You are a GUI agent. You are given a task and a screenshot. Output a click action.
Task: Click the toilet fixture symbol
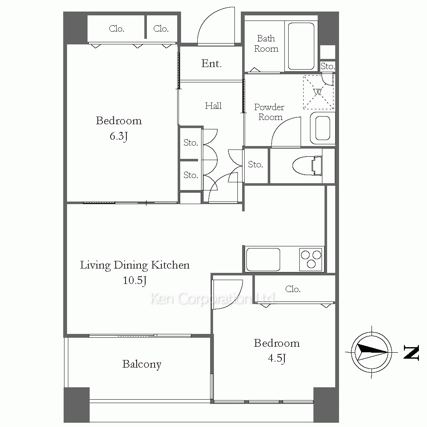(x=307, y=166)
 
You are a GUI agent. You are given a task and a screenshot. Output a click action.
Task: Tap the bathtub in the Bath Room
(x=301, y=46)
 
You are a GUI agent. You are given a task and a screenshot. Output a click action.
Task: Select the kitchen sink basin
(x=263, y=259)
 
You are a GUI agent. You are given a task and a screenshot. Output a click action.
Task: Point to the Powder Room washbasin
(x=323, y=128)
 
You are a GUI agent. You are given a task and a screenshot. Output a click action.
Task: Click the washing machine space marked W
(x=318, y=92)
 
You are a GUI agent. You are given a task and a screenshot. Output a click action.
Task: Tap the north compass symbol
(x=372, y=352)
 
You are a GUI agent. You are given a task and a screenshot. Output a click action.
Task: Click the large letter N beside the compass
(x=411, y=353)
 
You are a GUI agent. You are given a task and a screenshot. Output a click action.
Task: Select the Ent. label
(x=211, y=64)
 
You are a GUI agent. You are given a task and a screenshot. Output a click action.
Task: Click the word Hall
(x=213, y=105)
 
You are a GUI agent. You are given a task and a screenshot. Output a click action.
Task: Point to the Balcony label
(x=142, y=364)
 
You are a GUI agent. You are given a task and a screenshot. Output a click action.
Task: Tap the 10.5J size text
(x=135, y=280)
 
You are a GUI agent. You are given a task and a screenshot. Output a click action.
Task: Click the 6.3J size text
(x=119, y=136)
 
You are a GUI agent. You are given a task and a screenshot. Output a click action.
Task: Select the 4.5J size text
(x=277, y=358)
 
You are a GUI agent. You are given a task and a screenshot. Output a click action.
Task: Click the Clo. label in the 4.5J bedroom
(x=293, y=289)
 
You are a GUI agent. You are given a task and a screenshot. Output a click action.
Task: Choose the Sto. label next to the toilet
(x=255, y=164)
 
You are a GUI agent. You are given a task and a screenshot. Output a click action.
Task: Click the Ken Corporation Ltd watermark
(x=213, y=298)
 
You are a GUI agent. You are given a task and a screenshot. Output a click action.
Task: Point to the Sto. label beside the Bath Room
(x=328, y=66)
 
